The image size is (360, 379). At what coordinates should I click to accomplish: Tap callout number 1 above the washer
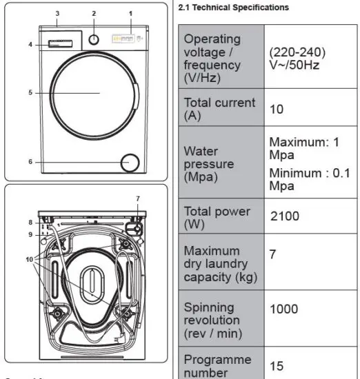pyautogui.click(x=130, y=14)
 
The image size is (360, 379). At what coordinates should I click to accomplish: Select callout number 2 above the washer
pyautogui.click(x=94, y=14)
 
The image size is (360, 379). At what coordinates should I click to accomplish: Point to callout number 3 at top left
pyautogui.click(x=57, y=14)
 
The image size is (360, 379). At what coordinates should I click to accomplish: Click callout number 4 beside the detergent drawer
pyautogui.click(x=30, y=45)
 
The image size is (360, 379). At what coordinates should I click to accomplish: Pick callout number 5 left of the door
pyautogui.click(x=30, y=92)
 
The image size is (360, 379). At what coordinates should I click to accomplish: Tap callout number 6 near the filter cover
pyautogui.click(x=30, y=162)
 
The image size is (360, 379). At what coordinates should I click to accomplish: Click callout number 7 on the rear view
pyautogui.click(x=138, y=199)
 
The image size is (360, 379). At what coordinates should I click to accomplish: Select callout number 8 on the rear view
pyautogui.click(x=30, y=222)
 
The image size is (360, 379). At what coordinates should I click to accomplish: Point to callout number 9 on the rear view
pyautogui.click(x=30, y=234)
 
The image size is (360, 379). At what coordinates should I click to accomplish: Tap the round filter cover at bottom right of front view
pyautogui.click(x=129, y=163)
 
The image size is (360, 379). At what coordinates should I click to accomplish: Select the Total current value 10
pyautogui.click(x=276, y=109)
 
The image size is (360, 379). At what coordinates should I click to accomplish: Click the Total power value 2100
pyautogui.click(x=284, y=216)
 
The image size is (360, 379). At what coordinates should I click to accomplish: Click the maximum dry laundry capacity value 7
pyautogui.click(x=273, y=254)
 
